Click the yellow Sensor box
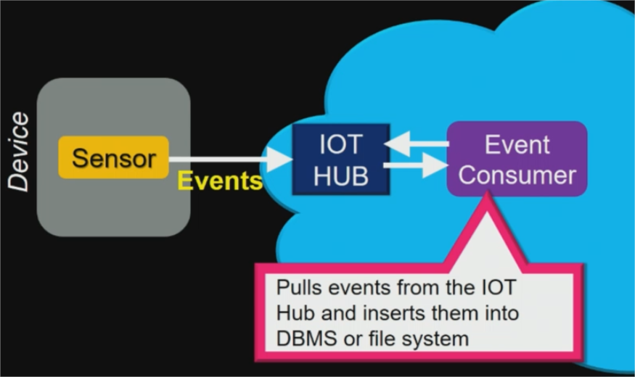pyautogui.click(x=113, y=157)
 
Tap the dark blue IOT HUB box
pyautogui.click(x=340, y=159)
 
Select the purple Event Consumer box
pyautogui.click(x=517, y=159)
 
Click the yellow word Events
pyautogui.click(x=220, y=181)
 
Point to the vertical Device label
pyautogui.click(x=19, y=152)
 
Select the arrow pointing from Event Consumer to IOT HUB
pyautogui.click(x=417, y=145)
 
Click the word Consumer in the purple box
pyautogui.click(x=517, y=175)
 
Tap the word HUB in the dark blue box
pyautogui.click(x=340, y=175)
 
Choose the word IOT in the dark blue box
pyautogui.click(x=340, y=144)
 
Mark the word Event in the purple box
pyautogui.click(x=517, y=144)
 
